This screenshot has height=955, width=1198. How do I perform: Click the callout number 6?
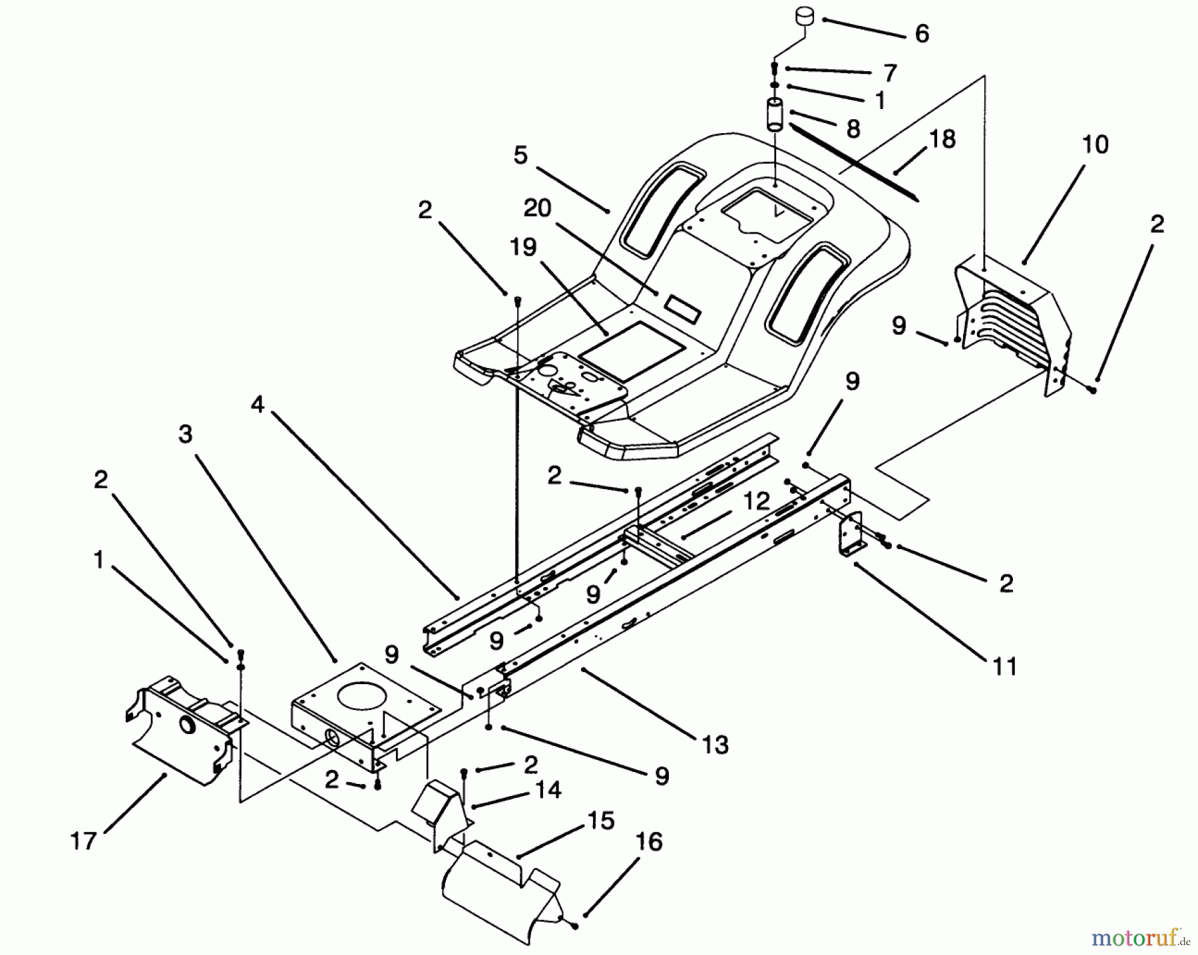921,33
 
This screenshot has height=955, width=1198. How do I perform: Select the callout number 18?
940,139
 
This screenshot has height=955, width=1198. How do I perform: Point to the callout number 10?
1096,144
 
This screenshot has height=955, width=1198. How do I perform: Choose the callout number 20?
537,208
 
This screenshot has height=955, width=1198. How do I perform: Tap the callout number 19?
522,247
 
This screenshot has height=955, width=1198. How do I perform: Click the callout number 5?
520,156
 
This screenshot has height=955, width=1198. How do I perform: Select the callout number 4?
258,404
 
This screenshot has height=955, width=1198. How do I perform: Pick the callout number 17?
83,841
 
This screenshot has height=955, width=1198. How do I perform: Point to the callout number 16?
649,842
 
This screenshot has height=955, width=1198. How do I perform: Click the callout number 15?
600,821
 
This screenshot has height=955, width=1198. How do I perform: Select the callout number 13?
715,745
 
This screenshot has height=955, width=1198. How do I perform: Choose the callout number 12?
756,500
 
